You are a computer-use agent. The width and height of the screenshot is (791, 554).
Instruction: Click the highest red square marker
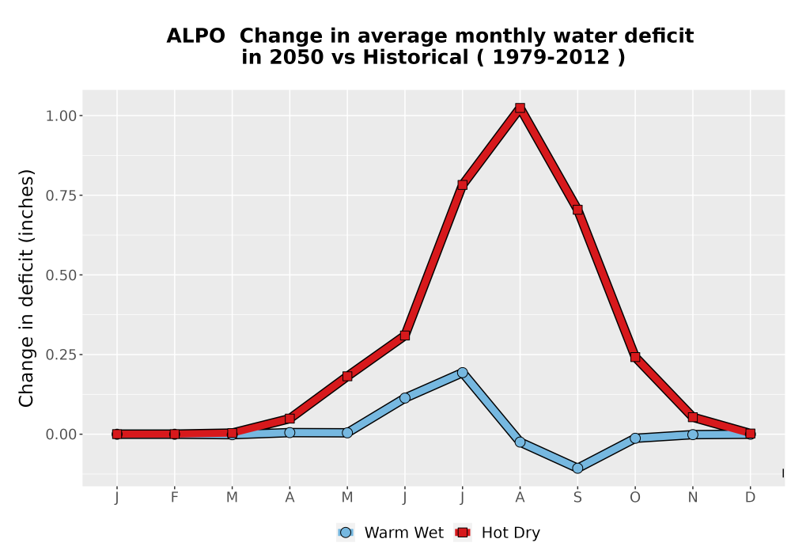[520, 108]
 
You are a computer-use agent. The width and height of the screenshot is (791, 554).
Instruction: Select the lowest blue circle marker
[577, 469]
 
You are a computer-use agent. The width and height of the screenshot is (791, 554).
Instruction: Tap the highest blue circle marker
[462, 373]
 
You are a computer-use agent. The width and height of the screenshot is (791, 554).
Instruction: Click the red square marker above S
[577, 210]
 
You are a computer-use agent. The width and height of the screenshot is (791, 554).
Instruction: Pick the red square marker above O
[635, 357]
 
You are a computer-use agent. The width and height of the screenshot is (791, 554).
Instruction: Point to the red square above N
[693, 417]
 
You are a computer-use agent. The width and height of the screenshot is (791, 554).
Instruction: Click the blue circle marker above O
[635, 438]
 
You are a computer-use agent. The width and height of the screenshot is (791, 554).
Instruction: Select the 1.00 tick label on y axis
[61, 116]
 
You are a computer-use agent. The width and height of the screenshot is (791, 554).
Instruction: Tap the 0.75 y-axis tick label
[61, 195]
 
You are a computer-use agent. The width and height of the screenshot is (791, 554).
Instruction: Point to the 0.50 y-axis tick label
[61, 275]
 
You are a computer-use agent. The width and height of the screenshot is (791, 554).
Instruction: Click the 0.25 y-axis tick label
[61, 355]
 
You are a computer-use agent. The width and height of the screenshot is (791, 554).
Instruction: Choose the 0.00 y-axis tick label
[61, 434]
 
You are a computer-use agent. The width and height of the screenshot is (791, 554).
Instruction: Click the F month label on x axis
[175, 498]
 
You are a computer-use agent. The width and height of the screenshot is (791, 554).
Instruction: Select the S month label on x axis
[577, 498]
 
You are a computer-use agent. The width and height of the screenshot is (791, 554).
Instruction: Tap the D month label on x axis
[750, 498]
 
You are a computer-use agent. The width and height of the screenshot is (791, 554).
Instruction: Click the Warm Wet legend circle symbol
[346, 533]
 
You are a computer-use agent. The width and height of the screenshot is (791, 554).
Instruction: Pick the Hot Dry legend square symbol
[463, 533]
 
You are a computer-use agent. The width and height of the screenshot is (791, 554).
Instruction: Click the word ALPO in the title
[195, 36]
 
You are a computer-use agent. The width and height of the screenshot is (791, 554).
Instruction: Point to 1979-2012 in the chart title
[551, 57]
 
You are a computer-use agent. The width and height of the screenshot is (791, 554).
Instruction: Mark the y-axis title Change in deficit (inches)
[26, 288]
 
